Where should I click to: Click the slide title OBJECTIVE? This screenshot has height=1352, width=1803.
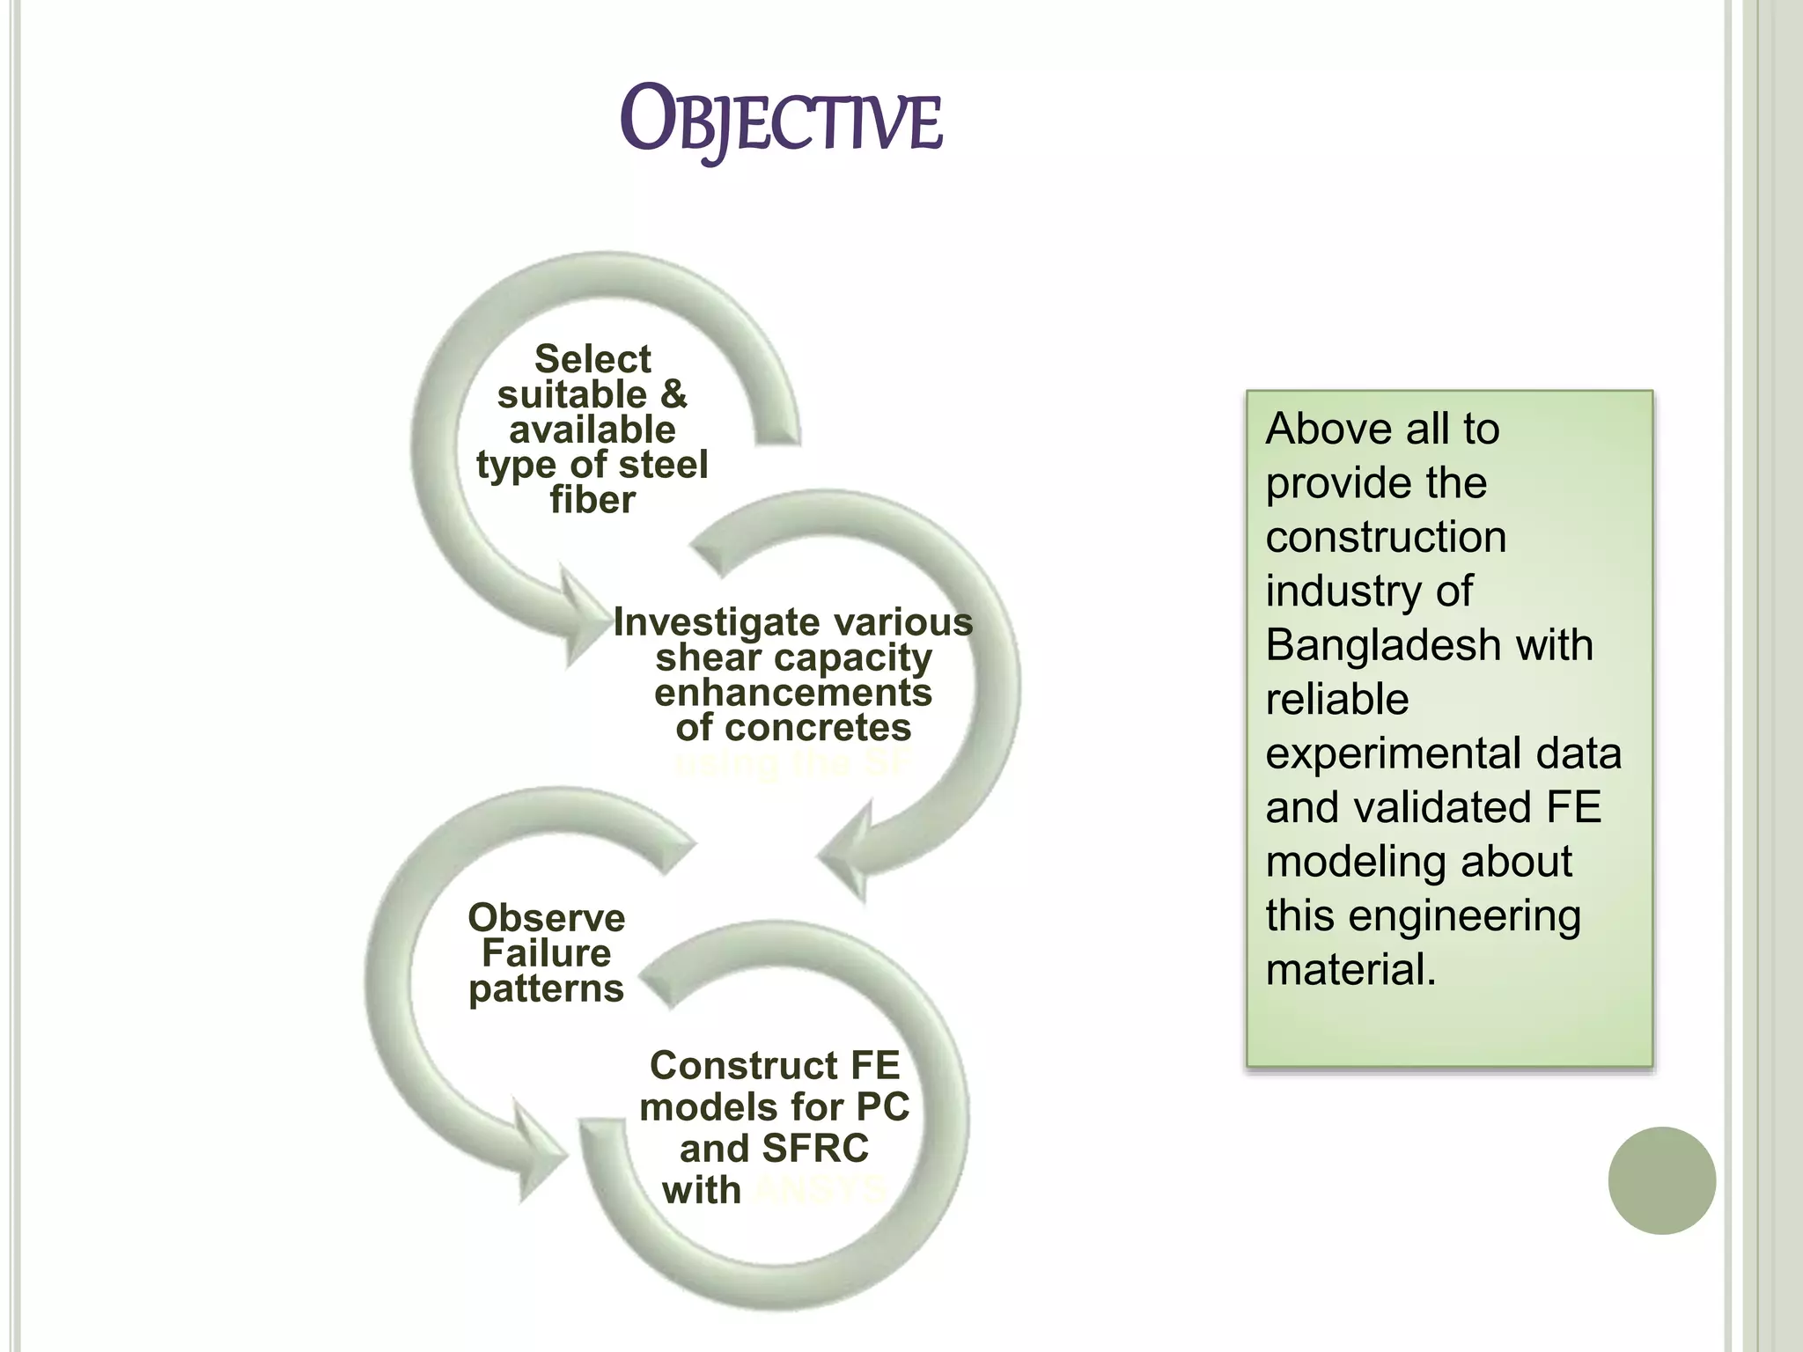pyautogui.click(x=781, y=121)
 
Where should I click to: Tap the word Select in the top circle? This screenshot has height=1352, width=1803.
pyautogui.click(x=592, y=359)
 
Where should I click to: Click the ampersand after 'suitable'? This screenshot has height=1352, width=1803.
pyautogui.click(x=673, y=394)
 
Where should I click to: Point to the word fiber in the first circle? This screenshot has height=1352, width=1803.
pyautogui.click(x=592, y=500)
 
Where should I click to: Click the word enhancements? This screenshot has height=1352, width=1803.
pyautogui.click(x=792, y=693)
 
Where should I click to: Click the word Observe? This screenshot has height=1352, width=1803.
pyautogui.click(x=546, y=918)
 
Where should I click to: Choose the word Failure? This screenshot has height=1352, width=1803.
pyautogui.click(x=546, y=953)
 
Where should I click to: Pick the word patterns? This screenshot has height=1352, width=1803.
pyautogui.click(x=546, y=988)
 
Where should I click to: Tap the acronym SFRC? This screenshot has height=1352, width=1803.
pyautogui.click(x=815, y=1149)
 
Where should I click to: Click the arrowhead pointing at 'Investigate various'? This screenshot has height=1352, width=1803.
pyautogui.click(x=581, y=620)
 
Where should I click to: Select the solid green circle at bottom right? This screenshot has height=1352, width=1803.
pyautogui.click(x=1661, y=1180)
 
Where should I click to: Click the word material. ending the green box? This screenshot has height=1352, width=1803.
pyautogui.click(x=1350, y=971)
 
